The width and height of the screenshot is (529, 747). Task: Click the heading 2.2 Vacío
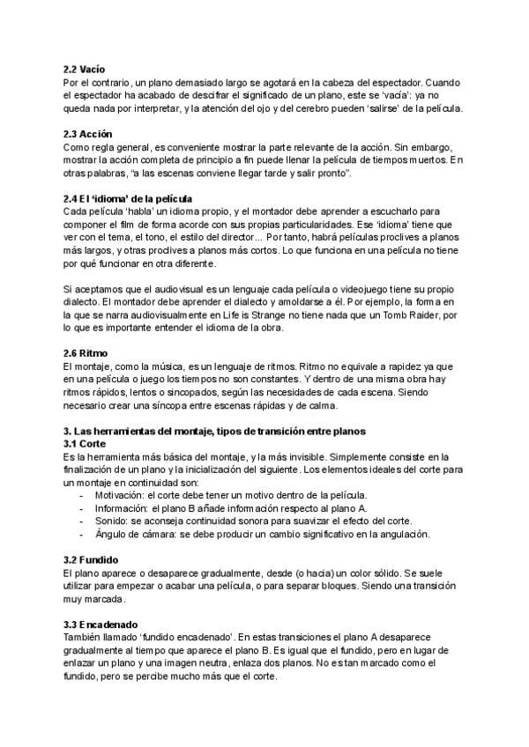coord(85,69)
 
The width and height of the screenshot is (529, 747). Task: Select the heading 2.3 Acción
coord(88,133)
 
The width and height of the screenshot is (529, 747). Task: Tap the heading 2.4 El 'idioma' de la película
coord(128,198)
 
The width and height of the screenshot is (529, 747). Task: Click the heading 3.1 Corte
coord(86,443)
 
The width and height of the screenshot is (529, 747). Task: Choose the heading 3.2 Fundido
coord(92,559)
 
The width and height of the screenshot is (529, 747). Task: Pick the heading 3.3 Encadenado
coord(101,624)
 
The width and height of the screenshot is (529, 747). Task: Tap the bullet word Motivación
coord(123,496)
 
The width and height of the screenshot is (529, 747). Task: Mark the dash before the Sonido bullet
coord(83,521)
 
